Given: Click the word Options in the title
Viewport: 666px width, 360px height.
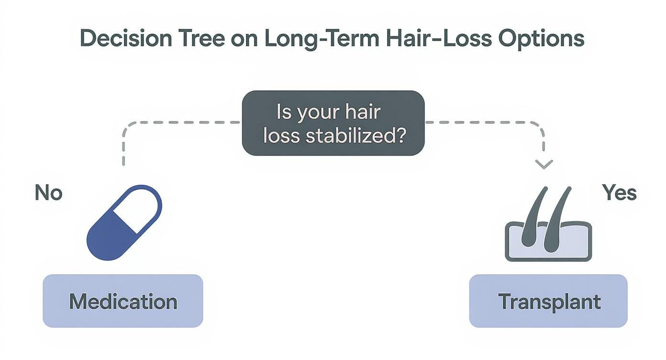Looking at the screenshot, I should (x=541, y=39).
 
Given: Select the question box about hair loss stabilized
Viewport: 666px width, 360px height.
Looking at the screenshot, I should (x=333, y=123).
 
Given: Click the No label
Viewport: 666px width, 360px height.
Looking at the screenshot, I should (x=48, y=193).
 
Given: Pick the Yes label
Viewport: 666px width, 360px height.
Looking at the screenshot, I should (x=619, y=193).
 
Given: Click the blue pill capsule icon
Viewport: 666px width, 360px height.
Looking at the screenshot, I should (x=124, y=223).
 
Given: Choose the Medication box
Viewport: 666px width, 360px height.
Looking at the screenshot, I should (x=123, y=301).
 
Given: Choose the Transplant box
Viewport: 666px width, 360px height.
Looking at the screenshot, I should (x=548, y=301).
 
